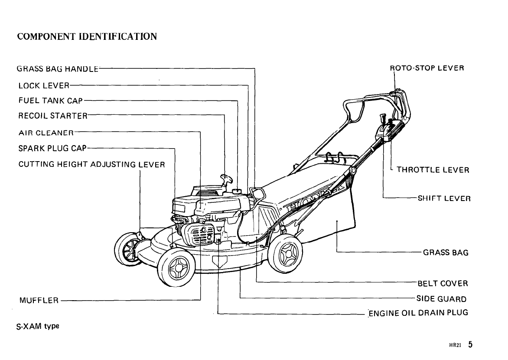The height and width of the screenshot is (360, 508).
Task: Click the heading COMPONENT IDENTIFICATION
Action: coord(87,36)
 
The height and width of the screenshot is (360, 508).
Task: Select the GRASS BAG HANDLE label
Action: coord(58,68)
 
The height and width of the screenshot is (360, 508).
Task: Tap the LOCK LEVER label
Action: coord(42,85)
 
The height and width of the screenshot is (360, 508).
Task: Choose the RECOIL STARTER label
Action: coord(52,116)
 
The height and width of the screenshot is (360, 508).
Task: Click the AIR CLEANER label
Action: coord(46,132)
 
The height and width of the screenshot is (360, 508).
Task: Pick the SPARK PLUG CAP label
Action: coord(52,148)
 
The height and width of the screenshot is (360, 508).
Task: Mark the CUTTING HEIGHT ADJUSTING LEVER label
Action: coord(91,165)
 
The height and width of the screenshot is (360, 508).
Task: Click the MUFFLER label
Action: coord(39,300)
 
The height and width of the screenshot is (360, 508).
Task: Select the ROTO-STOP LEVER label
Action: coord(427,68)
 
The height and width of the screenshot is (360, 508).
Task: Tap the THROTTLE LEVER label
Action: coord(433,170)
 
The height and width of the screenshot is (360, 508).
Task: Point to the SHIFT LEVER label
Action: coord(444,198)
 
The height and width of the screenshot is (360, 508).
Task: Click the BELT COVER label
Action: coord(443,284)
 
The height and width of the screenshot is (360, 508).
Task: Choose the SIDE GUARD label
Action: coord(441,299)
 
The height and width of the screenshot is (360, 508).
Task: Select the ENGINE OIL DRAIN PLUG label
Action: coord(418,313)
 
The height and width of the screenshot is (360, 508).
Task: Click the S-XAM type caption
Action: coord(38,326)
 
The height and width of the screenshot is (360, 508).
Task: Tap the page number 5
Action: coord(470,345)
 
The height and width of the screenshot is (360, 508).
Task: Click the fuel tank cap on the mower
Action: coord(237,190)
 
